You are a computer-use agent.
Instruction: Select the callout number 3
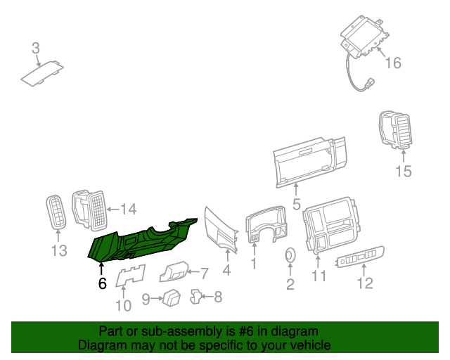pyautogui.click(x=36, y=49)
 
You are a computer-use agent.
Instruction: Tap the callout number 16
pyautogui.click(x=393, y=63)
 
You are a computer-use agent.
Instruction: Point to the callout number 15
pyautogui.click(x=404, y=172)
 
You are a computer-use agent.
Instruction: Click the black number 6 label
pyautogui.click(x=103, y=283)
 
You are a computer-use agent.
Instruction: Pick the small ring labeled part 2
pyautogui.click(x=290, y=255)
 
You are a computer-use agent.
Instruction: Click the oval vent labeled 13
pyautogui.click(x=56, y=212)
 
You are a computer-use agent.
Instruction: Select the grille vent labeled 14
pyautogui.click(x=89, y=210)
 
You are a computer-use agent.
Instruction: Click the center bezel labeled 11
pyautogui.click(x=330, y=226)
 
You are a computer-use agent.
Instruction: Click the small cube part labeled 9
pyautogui.click(x=172, y=298)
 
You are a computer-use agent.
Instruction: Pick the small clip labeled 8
pyautogui.click(x=196, y=297)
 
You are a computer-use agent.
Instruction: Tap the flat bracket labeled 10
pyautogui.click(x=130, y=276)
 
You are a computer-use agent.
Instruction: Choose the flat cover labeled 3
pyautogui.click(x=42, y=74)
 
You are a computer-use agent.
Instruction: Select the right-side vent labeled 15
pyautogui.click(x=395, y=130)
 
